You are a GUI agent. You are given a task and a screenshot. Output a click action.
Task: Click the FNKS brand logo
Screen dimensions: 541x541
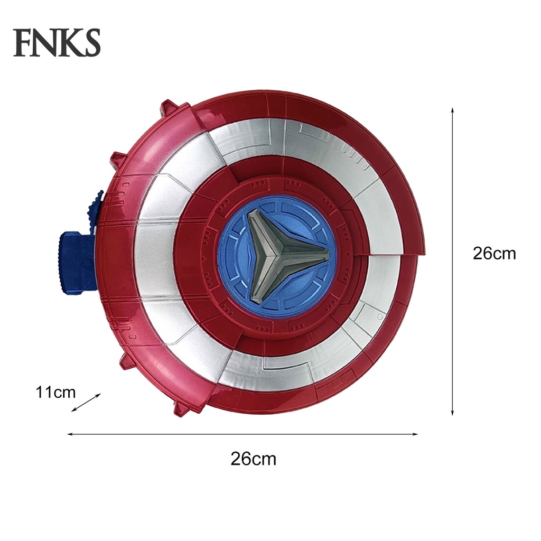click(57, 43)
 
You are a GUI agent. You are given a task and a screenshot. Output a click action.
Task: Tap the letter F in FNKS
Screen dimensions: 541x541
click(23, 43)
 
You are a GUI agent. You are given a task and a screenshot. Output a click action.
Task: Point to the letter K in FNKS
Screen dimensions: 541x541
click(69, 43)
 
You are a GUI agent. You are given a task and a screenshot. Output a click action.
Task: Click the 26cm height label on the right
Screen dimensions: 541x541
click(494, 254)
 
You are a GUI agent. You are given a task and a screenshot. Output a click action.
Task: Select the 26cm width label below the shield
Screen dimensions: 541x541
click(253, 459)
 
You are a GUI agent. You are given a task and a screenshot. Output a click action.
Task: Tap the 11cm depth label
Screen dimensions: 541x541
click(55, 393)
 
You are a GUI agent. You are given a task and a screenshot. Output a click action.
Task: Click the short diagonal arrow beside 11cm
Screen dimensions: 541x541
click(86, 402)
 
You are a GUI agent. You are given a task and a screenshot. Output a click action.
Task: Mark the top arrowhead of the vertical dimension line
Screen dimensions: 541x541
click(453, 110)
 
